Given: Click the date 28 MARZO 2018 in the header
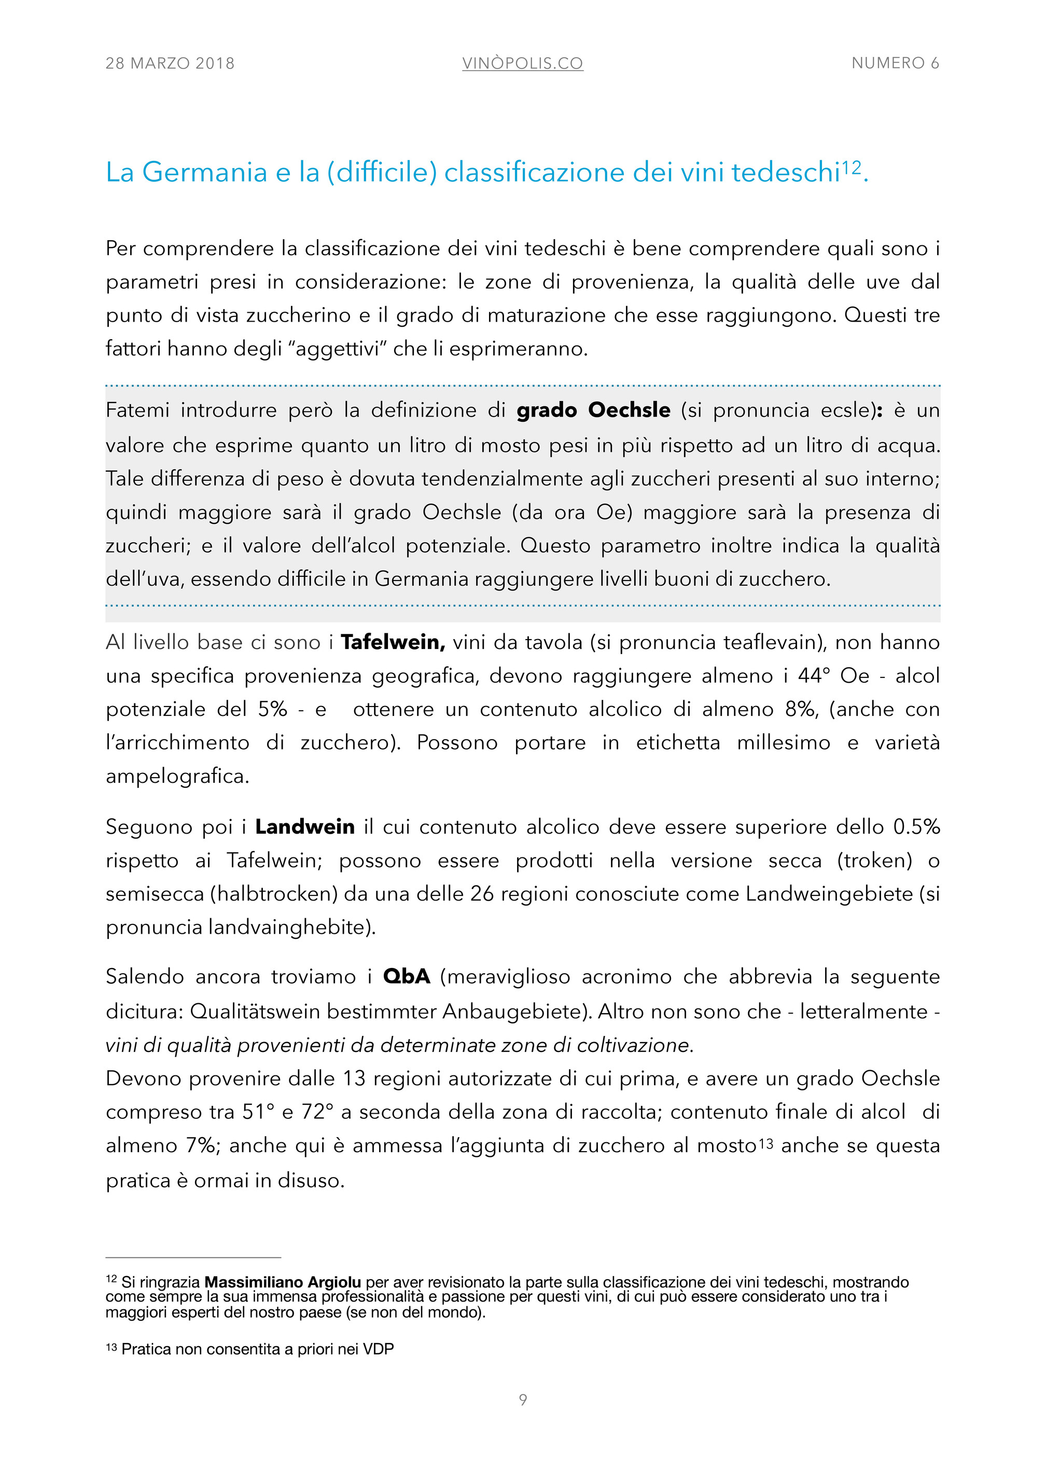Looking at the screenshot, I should [170, 63].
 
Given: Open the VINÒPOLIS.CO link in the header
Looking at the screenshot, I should [522, 63].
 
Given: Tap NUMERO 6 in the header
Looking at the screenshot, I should [895, 63].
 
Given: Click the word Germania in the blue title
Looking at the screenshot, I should [204, 172].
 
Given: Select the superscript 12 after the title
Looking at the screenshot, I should [851, 167].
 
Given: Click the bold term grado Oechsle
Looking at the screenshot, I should [593, 410].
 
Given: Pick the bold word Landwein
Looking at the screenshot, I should [304, 827].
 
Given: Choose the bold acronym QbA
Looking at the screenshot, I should [406, 977].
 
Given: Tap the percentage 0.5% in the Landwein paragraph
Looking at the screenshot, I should [916, 827].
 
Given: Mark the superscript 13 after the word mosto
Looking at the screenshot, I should [765, 1144].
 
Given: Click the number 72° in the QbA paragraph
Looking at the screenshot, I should [318, 1112].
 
